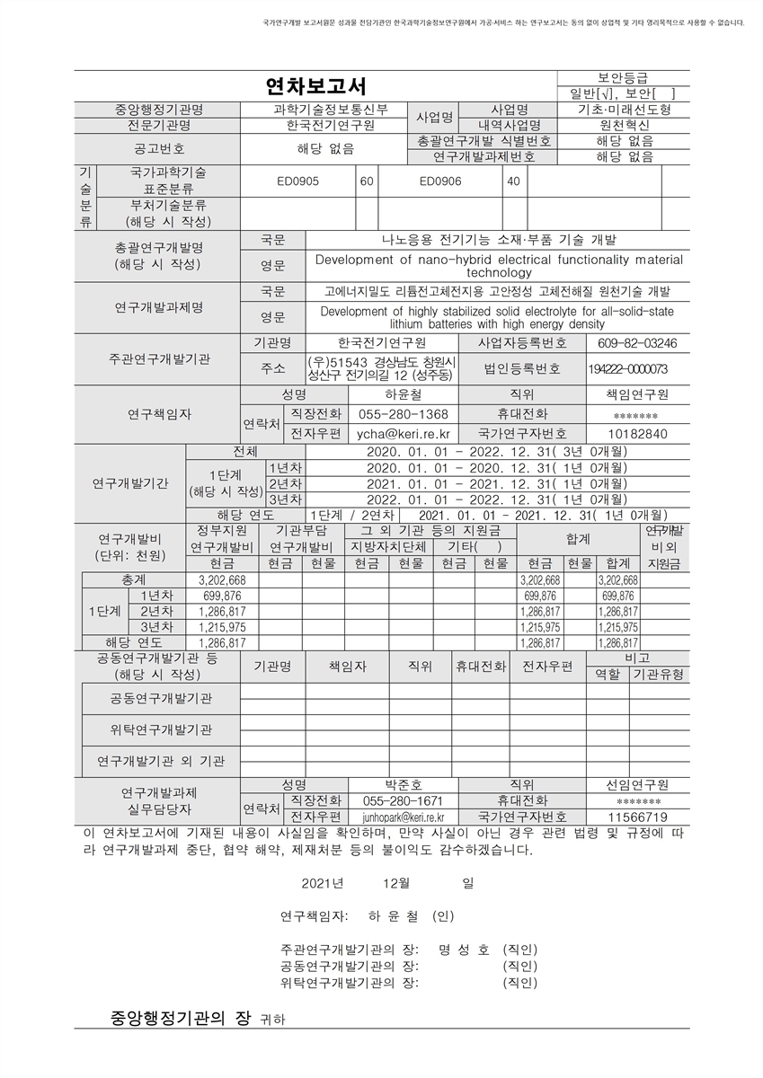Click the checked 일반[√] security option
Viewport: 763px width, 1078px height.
coord(589,93)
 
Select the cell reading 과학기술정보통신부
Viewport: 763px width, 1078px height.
coord(331,110)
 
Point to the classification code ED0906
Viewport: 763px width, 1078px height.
coord(440,181)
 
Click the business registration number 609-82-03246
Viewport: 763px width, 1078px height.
coord(637,343)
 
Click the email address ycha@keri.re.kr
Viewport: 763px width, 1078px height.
coord(404,433)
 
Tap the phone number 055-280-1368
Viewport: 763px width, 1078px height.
coord(404,414)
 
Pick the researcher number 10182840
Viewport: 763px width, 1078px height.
coord(638,433)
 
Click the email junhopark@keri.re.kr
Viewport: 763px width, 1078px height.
coord(404,817)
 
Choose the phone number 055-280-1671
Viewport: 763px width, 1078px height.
coord(404,800)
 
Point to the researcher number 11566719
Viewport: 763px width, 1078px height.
coord(638,817)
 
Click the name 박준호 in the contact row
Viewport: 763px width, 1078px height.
coord(404,784)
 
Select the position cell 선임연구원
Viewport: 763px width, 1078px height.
coord(638,784)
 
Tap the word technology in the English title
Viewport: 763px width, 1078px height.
coord(500,272)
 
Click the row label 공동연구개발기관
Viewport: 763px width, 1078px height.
coord(162,698)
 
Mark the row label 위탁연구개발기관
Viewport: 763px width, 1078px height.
coord(162,729)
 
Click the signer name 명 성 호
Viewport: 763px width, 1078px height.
coord(464,950)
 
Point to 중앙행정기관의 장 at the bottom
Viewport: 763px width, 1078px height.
coord(182,1018)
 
